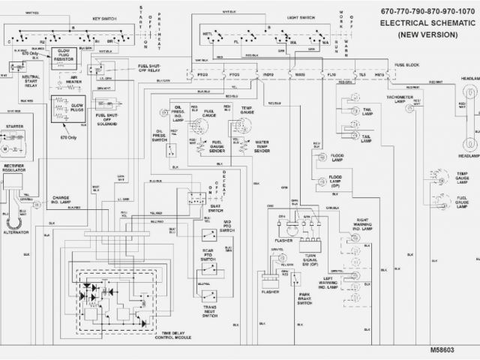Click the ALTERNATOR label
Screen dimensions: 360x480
(17, 232)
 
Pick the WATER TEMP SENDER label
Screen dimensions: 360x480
(262, 145)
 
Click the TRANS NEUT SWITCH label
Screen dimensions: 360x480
(210, 311)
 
